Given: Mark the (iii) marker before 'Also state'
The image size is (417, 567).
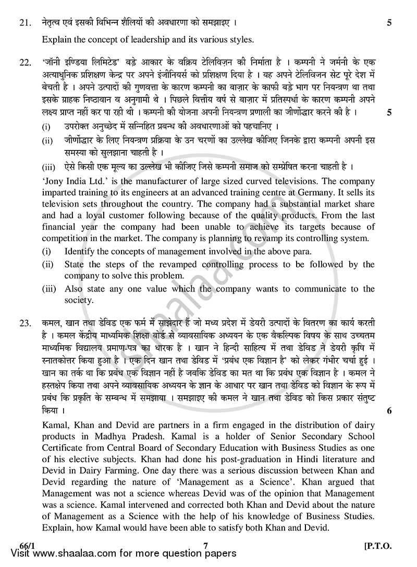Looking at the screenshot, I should click(x=48, y=289).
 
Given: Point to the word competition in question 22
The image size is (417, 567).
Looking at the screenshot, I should click(x=65, y=238).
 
